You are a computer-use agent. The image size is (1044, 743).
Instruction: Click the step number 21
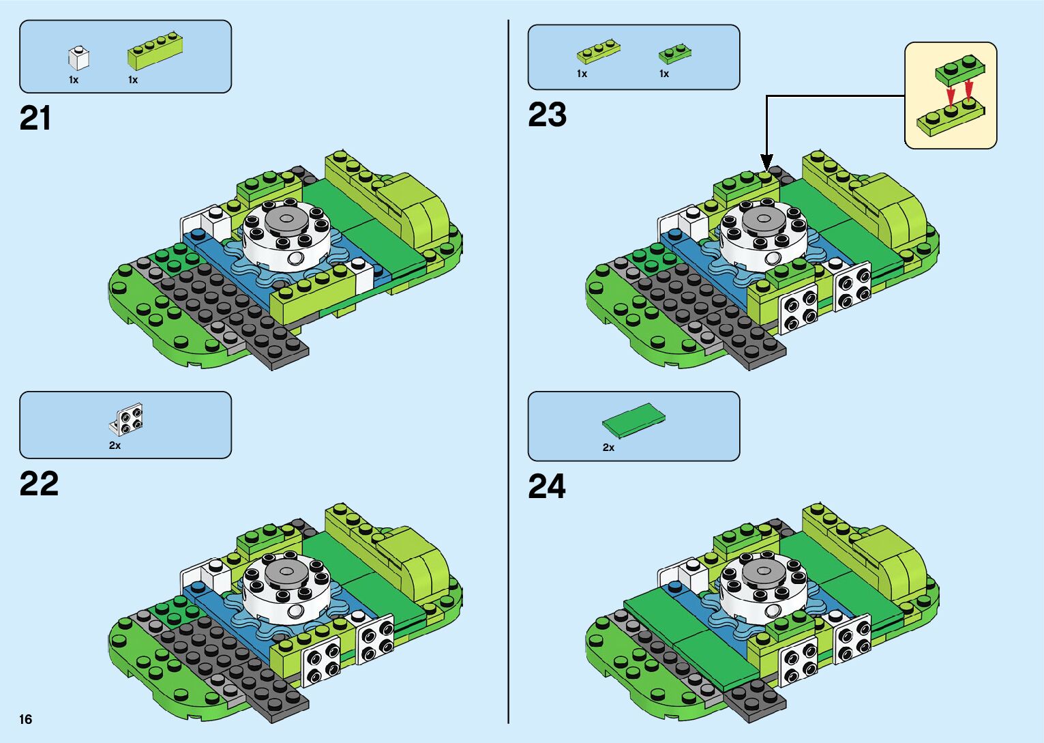[x=35, y=119]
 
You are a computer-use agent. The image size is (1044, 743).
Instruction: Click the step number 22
[x=39, y=484]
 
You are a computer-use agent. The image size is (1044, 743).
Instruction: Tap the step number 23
[x=547, y=115]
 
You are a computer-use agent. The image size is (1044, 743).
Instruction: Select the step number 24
[x=547, y=486]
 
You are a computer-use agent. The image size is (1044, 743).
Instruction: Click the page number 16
[x=26, y=719]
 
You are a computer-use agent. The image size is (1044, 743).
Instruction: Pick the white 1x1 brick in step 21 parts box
[x=78, y=59]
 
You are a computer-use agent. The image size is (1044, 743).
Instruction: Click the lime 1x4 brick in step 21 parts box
[x=154, y=51]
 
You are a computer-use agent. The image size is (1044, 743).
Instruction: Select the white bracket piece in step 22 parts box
[x=128, y=420]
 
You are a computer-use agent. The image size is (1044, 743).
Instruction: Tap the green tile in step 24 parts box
[x=633, y=420]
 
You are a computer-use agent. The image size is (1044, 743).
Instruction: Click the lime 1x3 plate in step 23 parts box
[x=598, y=52]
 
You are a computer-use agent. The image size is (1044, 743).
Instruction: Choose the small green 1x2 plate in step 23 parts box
[x=674, y=53]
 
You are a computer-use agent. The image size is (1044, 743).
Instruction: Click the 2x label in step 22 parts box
[x=115, y=446]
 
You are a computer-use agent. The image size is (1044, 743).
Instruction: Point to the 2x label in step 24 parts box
[x=608, y=448]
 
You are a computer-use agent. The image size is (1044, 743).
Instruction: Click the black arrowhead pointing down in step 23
[x=766, y=162]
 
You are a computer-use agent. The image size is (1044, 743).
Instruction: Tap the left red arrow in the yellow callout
[x=951, y=96]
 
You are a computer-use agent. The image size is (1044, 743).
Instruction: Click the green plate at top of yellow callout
[x=960, y=69]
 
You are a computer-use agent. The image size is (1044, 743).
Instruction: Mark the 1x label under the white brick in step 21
[x=74, y=80]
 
